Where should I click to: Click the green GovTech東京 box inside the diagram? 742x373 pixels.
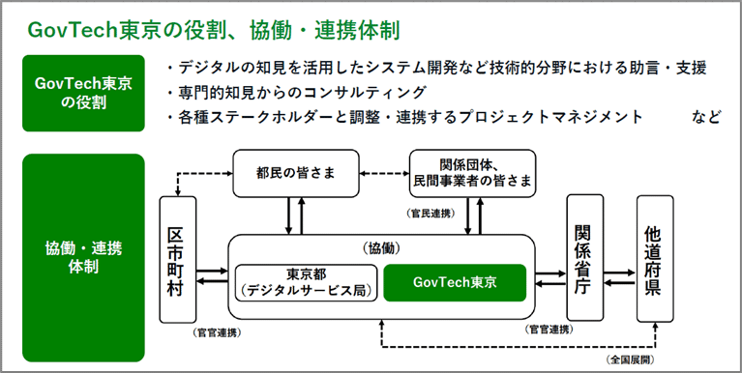click(x=454, y=281)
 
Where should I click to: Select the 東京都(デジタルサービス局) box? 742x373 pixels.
click(x=306, y=281)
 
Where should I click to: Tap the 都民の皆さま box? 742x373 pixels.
click(x=296, y=172)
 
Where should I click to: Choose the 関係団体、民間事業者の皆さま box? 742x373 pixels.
click(x=472, y=172)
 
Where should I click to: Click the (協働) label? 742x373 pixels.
click(x=381, y=247)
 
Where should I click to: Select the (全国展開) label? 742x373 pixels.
click(x=631, y=359)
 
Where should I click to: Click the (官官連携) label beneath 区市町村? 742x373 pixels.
click(x=217, y=332)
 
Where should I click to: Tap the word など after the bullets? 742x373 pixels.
click(x=705, y=117)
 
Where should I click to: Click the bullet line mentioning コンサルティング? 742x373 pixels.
click(x=296, y=93)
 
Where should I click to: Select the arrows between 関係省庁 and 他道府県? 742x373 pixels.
click(x=619, y=278)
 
